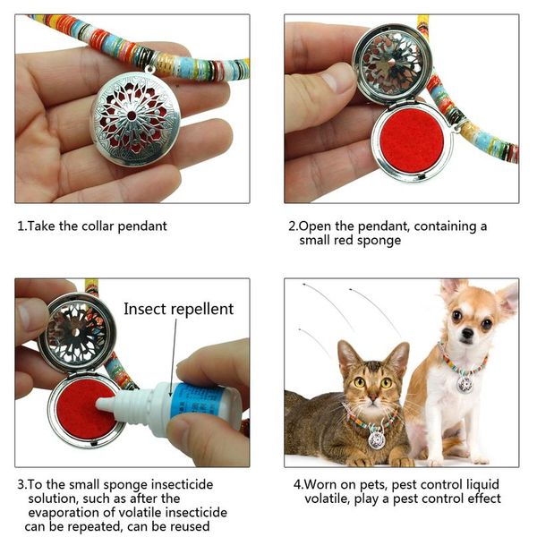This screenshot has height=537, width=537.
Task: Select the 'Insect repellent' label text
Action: [178, 309]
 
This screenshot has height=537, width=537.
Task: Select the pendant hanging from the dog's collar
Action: [464, 383]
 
